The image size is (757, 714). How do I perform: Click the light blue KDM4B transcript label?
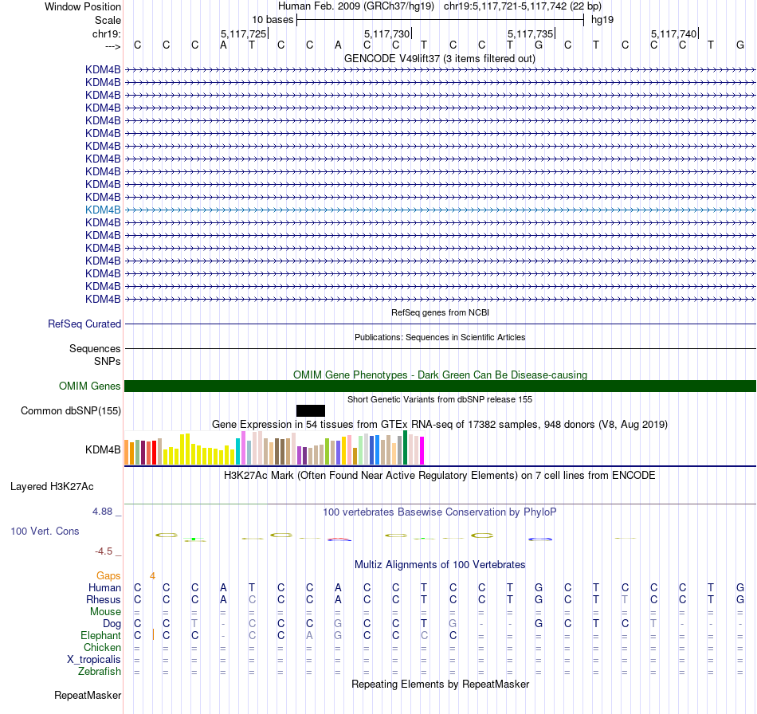click(x=103, y=210)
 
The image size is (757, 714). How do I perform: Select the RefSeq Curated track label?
click(x=84, y=324)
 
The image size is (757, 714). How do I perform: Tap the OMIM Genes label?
click(x=90, y=386)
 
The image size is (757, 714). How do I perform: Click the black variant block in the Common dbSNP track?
click(x=311, y=410)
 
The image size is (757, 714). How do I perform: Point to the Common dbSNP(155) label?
click(x=71, y=411)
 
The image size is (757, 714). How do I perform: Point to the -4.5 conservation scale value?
click(x=107, y=551)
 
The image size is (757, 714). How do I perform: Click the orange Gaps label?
click(x=108, y=575)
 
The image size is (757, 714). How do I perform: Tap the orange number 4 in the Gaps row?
click(x=152, y=575)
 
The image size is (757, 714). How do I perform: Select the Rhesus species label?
click(x=104, y=599)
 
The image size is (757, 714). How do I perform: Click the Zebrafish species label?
click(x=100, y=671)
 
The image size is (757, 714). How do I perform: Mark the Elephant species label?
click(x=100, y=635)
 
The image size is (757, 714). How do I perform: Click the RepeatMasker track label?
click(x=88, y=696)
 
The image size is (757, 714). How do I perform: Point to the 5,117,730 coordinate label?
click(x=386, y=33)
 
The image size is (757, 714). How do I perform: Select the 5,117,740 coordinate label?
click(x=673, y=33)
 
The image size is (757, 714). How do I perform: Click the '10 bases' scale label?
click(x=273, y=19)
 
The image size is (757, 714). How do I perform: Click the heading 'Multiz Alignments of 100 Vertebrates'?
click(x=440, y=564)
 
